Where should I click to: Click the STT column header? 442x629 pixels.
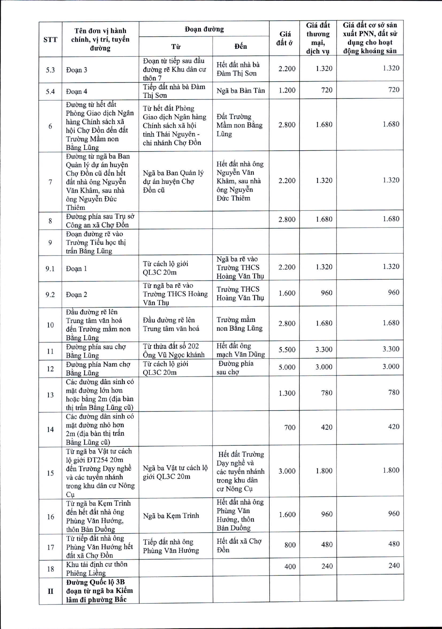coord(50,40)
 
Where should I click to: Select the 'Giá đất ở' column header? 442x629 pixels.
coord(285,38)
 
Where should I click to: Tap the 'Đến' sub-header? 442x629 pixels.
coord(241,46)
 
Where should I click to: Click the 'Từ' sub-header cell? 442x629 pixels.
coord(176,47)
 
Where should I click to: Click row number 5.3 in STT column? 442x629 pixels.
coord(50,70)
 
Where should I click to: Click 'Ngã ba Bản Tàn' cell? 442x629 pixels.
coord(241,90)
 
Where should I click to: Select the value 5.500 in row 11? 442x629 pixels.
coord(287,350)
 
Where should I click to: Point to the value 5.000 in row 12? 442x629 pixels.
coord(287,367)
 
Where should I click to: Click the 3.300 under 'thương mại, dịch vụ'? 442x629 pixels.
coord(324,350)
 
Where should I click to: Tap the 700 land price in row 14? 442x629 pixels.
coord(290,427)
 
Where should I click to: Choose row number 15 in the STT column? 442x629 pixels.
coord(50,473)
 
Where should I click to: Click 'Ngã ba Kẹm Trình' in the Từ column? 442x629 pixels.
coord(171,515)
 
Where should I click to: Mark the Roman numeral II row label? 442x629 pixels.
coord(50,591)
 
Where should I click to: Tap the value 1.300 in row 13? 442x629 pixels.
coord(287,393)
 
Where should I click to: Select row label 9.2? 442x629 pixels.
coord(50,294)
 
